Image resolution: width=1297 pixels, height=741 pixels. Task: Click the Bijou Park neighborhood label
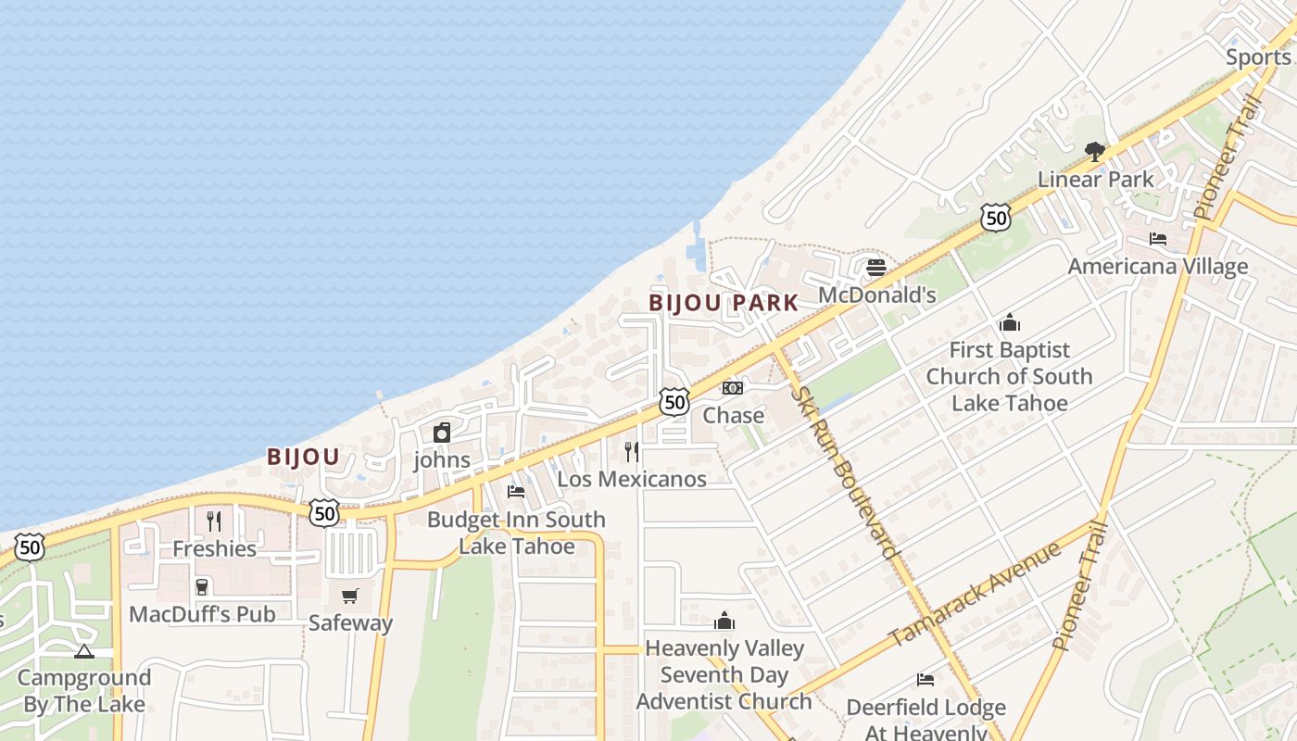point(723,303)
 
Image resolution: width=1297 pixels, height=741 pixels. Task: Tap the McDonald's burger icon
point(876,268)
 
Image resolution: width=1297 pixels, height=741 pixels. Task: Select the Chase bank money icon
point(733,388)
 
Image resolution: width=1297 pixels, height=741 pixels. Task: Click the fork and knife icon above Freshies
point(214,521)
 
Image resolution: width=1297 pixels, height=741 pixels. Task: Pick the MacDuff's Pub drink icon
point(202,586)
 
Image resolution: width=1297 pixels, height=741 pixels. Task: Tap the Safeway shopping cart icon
point(350,596)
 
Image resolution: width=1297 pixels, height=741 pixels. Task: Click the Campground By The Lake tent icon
point(84,651)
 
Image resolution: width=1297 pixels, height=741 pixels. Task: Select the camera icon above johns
point(442,433)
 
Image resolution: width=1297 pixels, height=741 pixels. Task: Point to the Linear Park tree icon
point(1095,152)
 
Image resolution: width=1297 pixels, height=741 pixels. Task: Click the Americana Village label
point(1158,267)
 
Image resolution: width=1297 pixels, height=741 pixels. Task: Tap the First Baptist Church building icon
point(1010,323)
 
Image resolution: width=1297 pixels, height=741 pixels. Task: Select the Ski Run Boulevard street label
point(845,472)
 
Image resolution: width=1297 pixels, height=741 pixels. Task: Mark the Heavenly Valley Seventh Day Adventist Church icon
point(724,621)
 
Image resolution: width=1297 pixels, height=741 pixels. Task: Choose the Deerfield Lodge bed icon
point(926,680)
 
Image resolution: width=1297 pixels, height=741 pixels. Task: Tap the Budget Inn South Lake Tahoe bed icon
point(516,491)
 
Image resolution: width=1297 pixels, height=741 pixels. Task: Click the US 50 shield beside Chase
point(674,402)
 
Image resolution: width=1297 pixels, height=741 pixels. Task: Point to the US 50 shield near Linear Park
point(995,219)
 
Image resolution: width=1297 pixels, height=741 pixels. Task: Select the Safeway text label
point(350,623)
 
